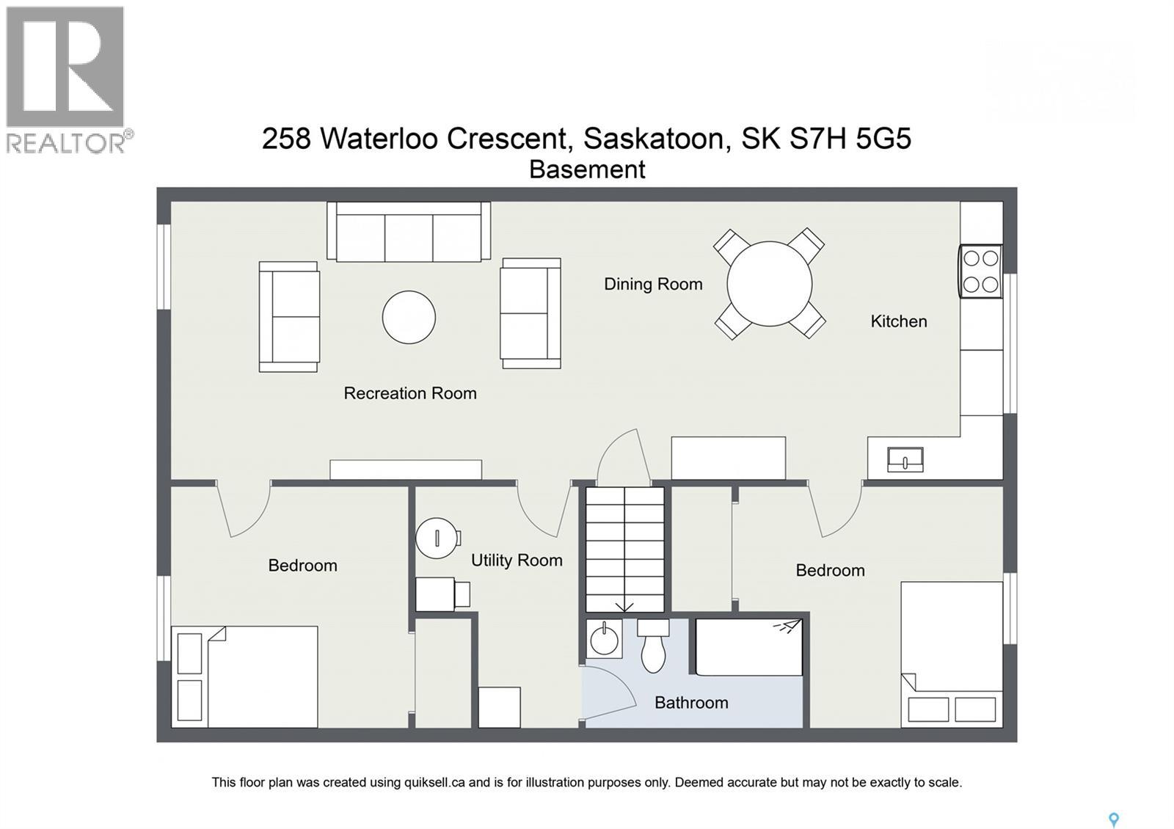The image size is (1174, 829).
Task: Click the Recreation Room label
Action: point(410,393)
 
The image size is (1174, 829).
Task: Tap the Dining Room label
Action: point(653,284)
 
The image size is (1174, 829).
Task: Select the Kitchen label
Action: point(898,321)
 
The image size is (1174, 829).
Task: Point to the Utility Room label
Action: point(517,560)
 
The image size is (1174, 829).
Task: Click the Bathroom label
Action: point(691,703)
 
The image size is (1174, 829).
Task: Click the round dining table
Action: point(769,284)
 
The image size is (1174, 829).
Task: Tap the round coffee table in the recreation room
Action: point(409,317)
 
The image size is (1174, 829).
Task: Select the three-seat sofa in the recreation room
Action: point(409,233)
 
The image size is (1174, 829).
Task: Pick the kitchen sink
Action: point(905,460)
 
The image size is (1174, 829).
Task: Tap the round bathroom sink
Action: point(605,639)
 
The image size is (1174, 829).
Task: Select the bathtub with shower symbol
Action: point(748,647)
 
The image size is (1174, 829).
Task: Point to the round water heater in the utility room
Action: point(437,538)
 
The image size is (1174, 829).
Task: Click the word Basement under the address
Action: point(587,169)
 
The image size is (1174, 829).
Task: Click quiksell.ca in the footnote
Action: point(434,783)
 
